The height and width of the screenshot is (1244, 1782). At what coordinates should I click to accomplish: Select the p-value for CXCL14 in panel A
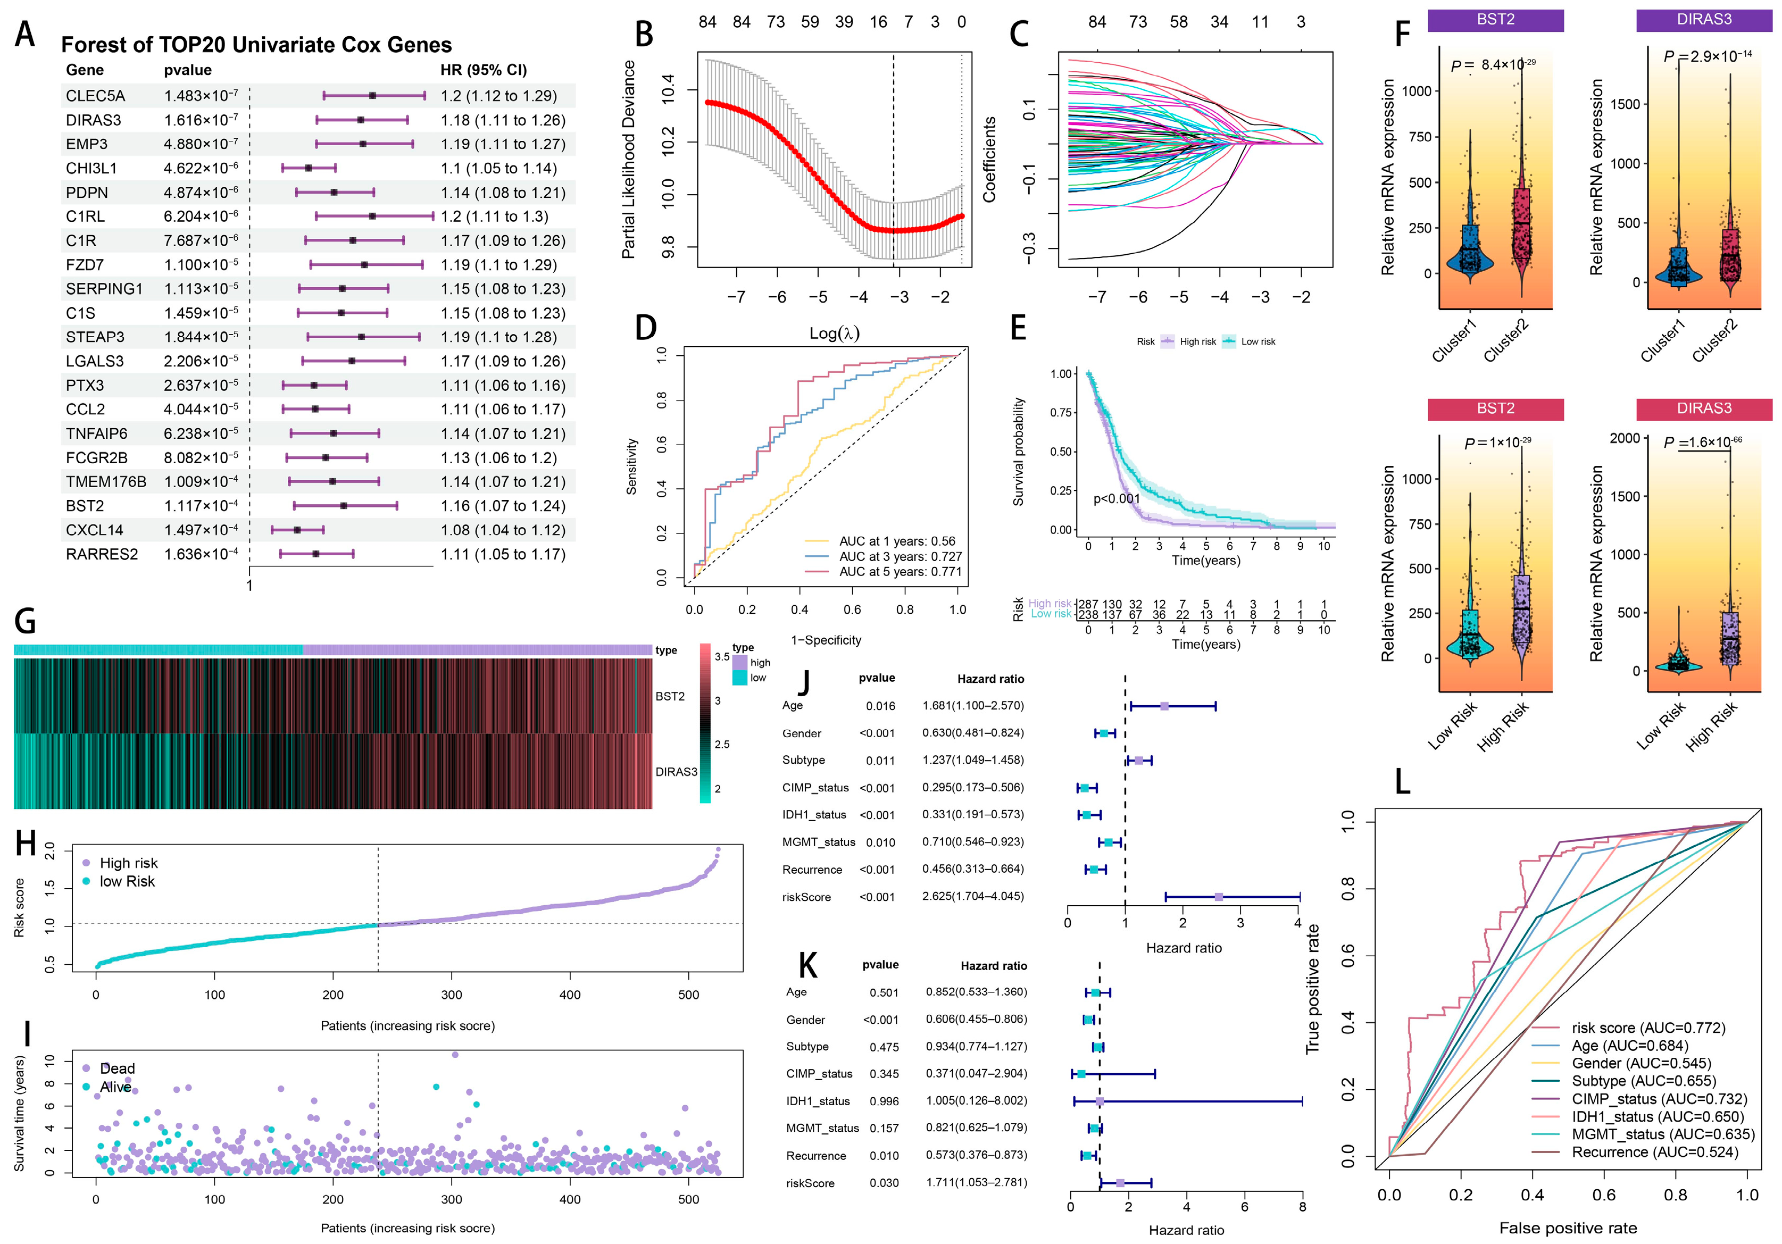coord(200,530)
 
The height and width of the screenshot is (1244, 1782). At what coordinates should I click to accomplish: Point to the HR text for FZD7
coord(498,265)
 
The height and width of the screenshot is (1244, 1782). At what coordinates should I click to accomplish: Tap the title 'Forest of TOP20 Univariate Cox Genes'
coord(256,45)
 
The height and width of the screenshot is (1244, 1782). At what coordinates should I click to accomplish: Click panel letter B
coord(644,35)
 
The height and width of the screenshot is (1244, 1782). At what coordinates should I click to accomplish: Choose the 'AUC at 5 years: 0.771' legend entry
coord(900,572)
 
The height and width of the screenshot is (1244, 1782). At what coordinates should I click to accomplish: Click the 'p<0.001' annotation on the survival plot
coord(1116,499)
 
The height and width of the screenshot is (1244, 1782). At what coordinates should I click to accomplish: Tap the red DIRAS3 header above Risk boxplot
coord(1704,408)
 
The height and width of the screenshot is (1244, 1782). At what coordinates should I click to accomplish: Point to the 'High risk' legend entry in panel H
coord(128,863)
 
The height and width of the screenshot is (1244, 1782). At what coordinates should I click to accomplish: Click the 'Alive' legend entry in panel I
coord(115,1087)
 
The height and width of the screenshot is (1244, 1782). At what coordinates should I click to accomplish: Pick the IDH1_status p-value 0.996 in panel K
coord(884,1101)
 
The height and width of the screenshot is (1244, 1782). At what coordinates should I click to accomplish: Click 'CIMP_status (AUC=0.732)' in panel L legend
coord(1659,1099)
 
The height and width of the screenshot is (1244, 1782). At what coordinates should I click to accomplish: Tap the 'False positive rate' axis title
coord(1568,1228)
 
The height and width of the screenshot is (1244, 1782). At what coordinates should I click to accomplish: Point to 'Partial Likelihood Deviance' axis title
coord(629,159)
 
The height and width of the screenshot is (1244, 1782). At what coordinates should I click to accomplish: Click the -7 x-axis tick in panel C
coord(1097,297)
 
